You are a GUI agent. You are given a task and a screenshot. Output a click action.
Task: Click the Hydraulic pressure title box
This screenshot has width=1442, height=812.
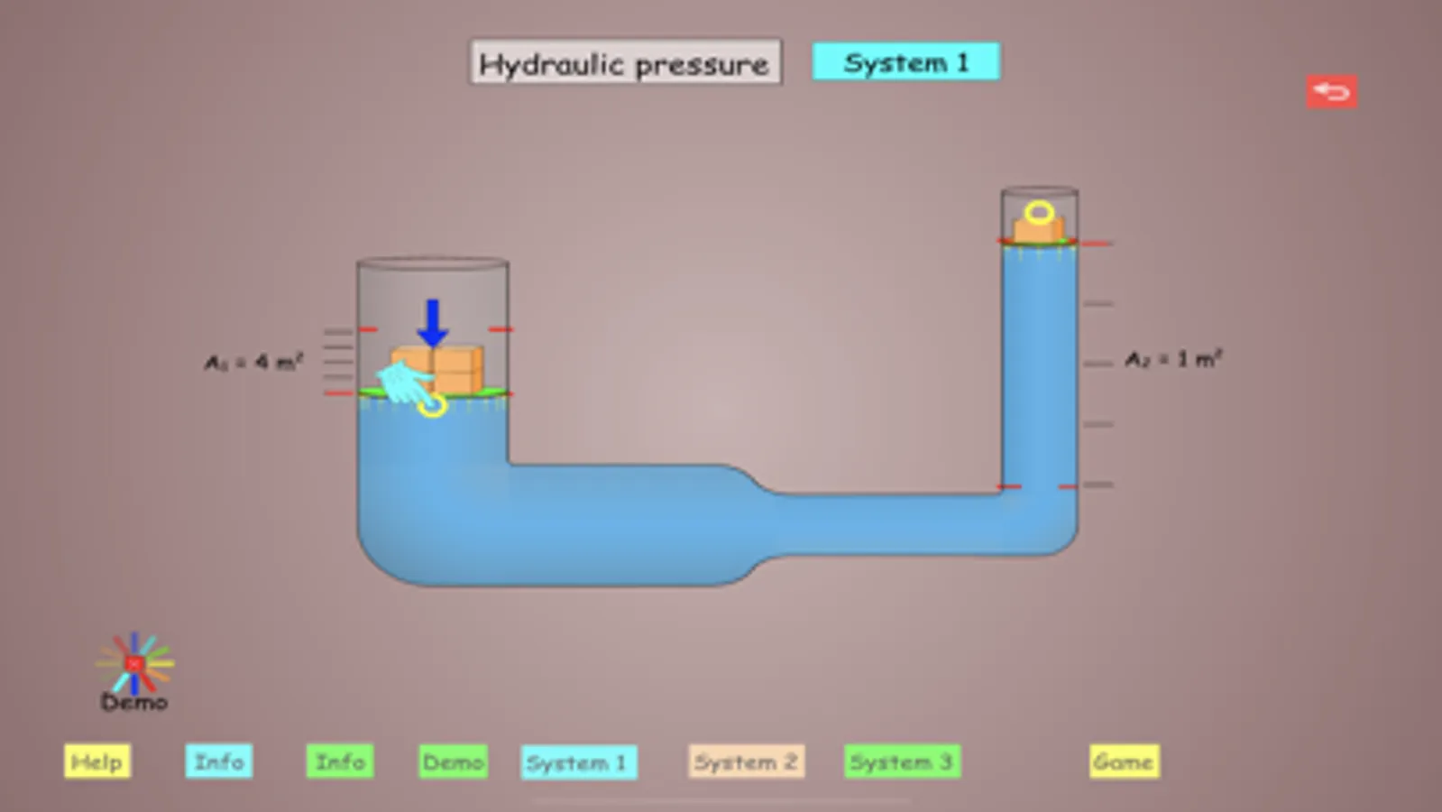[x=624, y=62]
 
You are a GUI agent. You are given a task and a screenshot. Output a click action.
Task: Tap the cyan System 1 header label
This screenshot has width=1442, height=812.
[x=905, y=62]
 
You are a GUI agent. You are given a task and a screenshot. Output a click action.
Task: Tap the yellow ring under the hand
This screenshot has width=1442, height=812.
[x=433, y=406]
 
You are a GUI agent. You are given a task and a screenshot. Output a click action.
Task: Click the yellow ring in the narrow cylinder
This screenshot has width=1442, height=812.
[x=1039, y=213]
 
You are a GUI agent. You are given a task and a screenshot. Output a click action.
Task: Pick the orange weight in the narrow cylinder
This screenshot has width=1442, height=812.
[x=1039, y=231]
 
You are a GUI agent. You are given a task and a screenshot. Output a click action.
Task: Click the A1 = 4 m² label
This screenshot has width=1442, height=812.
[x=253, y=362]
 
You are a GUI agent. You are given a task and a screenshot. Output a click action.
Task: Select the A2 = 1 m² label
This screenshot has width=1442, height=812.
[x=1172, y=359]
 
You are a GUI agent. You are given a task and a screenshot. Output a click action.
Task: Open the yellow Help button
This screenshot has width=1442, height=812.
[x=96, y=761]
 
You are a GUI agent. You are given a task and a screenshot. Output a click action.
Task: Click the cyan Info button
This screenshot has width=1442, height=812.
[x=218, y=761]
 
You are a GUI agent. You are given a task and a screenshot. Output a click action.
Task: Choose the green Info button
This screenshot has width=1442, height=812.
[x=339, y=761]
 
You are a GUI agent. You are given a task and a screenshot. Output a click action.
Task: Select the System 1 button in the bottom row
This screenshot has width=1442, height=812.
[x=577, y=762]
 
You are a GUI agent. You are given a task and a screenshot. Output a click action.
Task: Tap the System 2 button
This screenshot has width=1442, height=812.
[x=746, y=762]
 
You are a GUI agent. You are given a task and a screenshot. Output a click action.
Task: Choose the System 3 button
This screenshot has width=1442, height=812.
[x=901, y=762]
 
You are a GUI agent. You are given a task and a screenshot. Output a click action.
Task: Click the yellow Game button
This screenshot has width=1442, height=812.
[x=1123, y=762]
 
